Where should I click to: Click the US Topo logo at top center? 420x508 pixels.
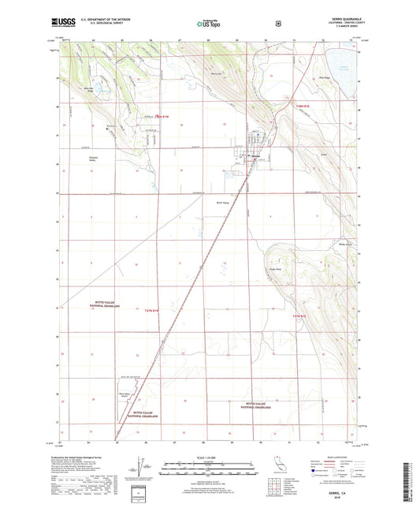pos(209,24)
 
